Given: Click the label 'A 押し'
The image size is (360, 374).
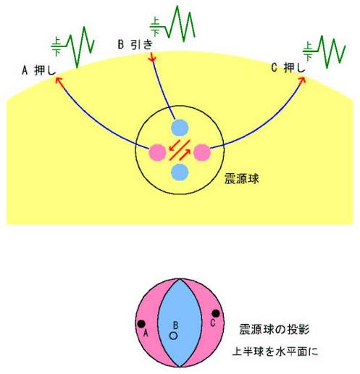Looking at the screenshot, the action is coord(38,70).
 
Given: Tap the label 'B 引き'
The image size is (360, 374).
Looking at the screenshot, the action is coord(135,44).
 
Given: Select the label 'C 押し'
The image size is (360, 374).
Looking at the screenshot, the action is coord(288,68).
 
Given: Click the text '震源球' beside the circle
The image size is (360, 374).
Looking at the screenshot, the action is coord(242,178).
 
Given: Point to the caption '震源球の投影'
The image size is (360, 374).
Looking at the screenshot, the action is coord(275,329).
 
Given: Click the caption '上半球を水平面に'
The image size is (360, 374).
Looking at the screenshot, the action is coord(275,352).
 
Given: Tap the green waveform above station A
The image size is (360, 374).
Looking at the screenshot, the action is coord(72,46).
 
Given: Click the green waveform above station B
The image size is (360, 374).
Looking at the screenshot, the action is coord(172,24).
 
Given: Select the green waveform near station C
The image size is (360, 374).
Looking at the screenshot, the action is coord(325,52).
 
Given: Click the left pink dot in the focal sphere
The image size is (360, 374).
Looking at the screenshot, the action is coord(157,152).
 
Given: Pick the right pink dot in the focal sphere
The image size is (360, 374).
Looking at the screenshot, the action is coord(202,152).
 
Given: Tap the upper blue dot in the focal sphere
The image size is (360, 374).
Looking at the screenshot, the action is coord(180,128).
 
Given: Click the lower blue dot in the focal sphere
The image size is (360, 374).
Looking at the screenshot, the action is coord(180,172).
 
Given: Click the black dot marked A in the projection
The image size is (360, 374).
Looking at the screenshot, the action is coord(141,323).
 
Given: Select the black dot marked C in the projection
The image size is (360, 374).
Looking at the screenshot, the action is coord(216,314).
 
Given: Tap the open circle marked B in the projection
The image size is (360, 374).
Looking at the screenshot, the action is coord(173,336).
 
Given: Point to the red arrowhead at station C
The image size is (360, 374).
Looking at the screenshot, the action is coord(302,80).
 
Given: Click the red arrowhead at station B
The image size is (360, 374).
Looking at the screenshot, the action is coord(152,57).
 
